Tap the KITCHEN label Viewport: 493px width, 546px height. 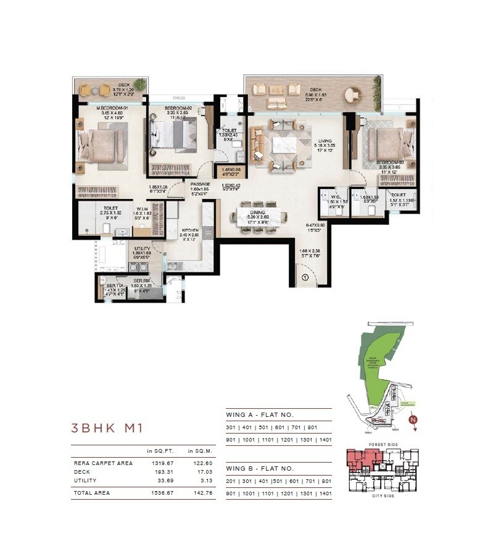(189, 230)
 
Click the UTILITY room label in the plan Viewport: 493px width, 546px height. (142, 248)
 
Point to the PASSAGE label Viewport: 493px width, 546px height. (200, 184)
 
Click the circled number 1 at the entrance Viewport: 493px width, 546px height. (304, 277)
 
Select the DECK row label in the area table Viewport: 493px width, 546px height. (81, 471)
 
